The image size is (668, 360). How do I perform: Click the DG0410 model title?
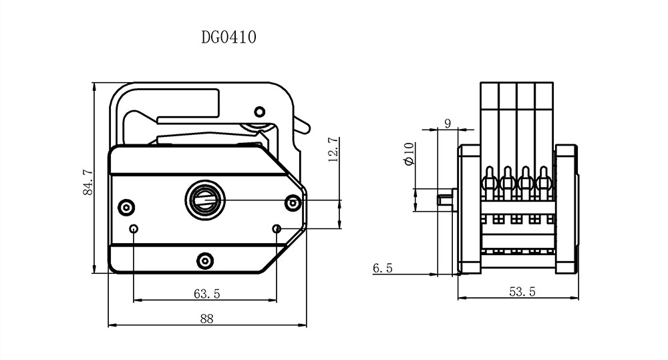point(228,37)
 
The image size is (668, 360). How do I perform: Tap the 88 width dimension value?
point(206,319)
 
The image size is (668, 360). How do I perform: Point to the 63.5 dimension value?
point(206,293)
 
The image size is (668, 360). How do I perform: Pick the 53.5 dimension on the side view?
point(522,292)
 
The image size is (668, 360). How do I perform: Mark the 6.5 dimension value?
point(382,268)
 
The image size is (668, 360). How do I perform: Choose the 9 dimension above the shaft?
point(447,123)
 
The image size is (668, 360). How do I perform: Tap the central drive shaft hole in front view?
point(205,198)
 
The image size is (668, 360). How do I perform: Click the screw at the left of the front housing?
point(125,206)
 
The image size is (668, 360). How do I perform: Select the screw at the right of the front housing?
point(292,202)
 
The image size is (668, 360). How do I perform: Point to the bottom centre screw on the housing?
point(205,258)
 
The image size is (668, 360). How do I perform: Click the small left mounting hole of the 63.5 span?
point(134,229)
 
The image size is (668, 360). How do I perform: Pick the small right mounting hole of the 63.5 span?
point(277,229)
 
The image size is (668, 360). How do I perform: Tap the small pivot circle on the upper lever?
point(260,111)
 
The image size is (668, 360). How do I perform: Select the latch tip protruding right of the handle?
point(304,124)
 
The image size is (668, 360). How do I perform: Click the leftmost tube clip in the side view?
point(489,180)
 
